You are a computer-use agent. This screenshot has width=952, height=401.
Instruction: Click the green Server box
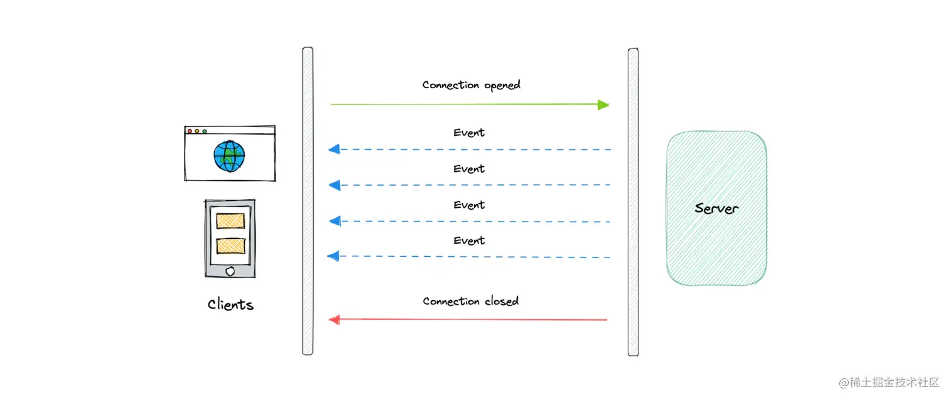point(717,208)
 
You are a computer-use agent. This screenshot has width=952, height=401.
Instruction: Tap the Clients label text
point(230,305)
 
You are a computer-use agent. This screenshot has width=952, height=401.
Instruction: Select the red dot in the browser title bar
point(190,131)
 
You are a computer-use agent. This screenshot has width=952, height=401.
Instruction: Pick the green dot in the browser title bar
point(205,131)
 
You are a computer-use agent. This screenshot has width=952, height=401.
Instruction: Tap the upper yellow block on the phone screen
point(230,220)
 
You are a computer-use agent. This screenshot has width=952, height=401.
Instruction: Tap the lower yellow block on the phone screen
point(230,246)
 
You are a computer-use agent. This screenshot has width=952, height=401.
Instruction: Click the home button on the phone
point(230,271)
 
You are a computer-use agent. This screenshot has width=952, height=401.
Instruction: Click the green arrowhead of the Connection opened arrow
point(603,104)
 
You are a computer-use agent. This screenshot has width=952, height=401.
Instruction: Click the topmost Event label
point(469,133)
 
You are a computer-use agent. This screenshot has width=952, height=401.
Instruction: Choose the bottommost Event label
point(469,240)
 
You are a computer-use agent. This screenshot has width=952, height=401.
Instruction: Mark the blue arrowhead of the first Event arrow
point(334,149)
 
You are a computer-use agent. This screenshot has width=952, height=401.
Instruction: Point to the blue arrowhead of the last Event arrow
point(334,256)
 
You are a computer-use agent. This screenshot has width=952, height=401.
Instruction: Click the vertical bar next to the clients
point(307,200)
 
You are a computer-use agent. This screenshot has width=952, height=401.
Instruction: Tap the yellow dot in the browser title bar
point(197,131)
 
